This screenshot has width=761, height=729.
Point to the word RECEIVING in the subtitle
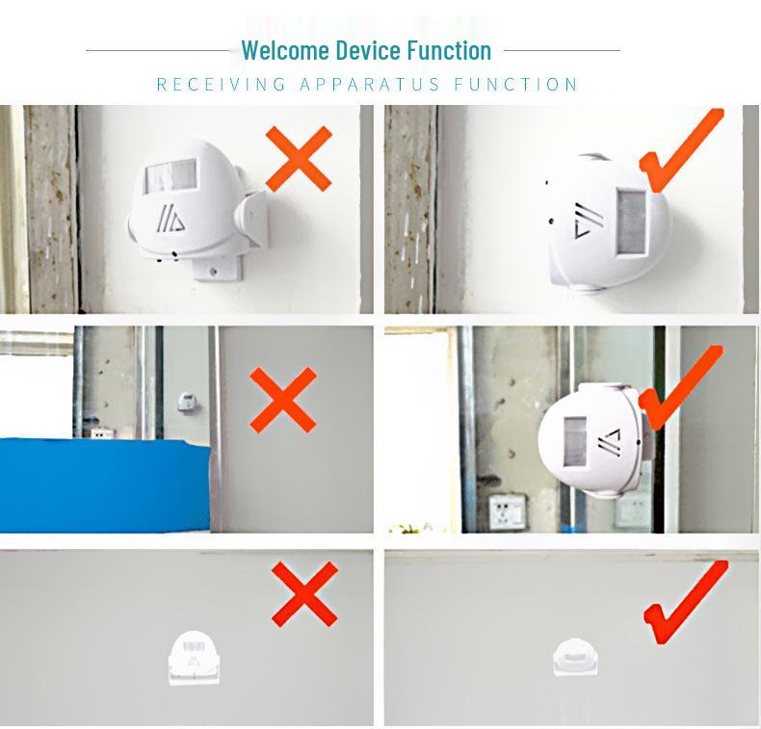(222, 85)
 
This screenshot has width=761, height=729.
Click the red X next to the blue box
(282, 400)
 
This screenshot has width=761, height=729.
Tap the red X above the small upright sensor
(304, 593)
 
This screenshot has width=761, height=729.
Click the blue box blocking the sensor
(106, 484)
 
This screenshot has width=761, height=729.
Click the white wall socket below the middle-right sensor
(508, 510)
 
